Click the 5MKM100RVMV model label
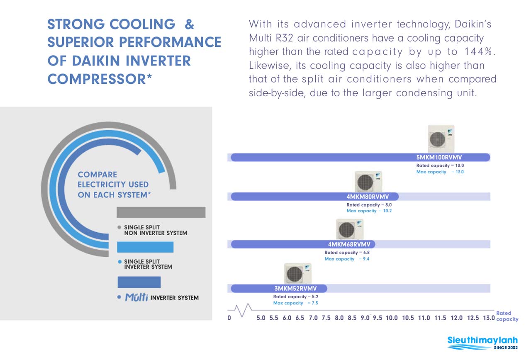[439, 157]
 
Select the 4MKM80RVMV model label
[368, 197]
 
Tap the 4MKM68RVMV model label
[349, 244]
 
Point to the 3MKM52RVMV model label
[296, 288]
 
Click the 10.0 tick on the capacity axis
[392, 318]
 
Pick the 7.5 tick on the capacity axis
[326, 318]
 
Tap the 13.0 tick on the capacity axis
[489, 318]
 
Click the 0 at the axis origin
[229, 318]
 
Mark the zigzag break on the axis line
[243, 310]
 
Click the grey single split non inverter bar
[161, 212]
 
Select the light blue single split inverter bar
[145, 247]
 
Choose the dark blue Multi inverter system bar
[139, 282]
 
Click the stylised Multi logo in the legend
[136, 297]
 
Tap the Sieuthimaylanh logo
[482, 343]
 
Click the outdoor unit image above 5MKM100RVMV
[441, 139]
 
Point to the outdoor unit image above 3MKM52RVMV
[298, 273]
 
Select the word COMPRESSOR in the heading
[97, 79]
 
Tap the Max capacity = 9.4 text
[347, 259]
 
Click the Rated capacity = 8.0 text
[369, 205]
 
